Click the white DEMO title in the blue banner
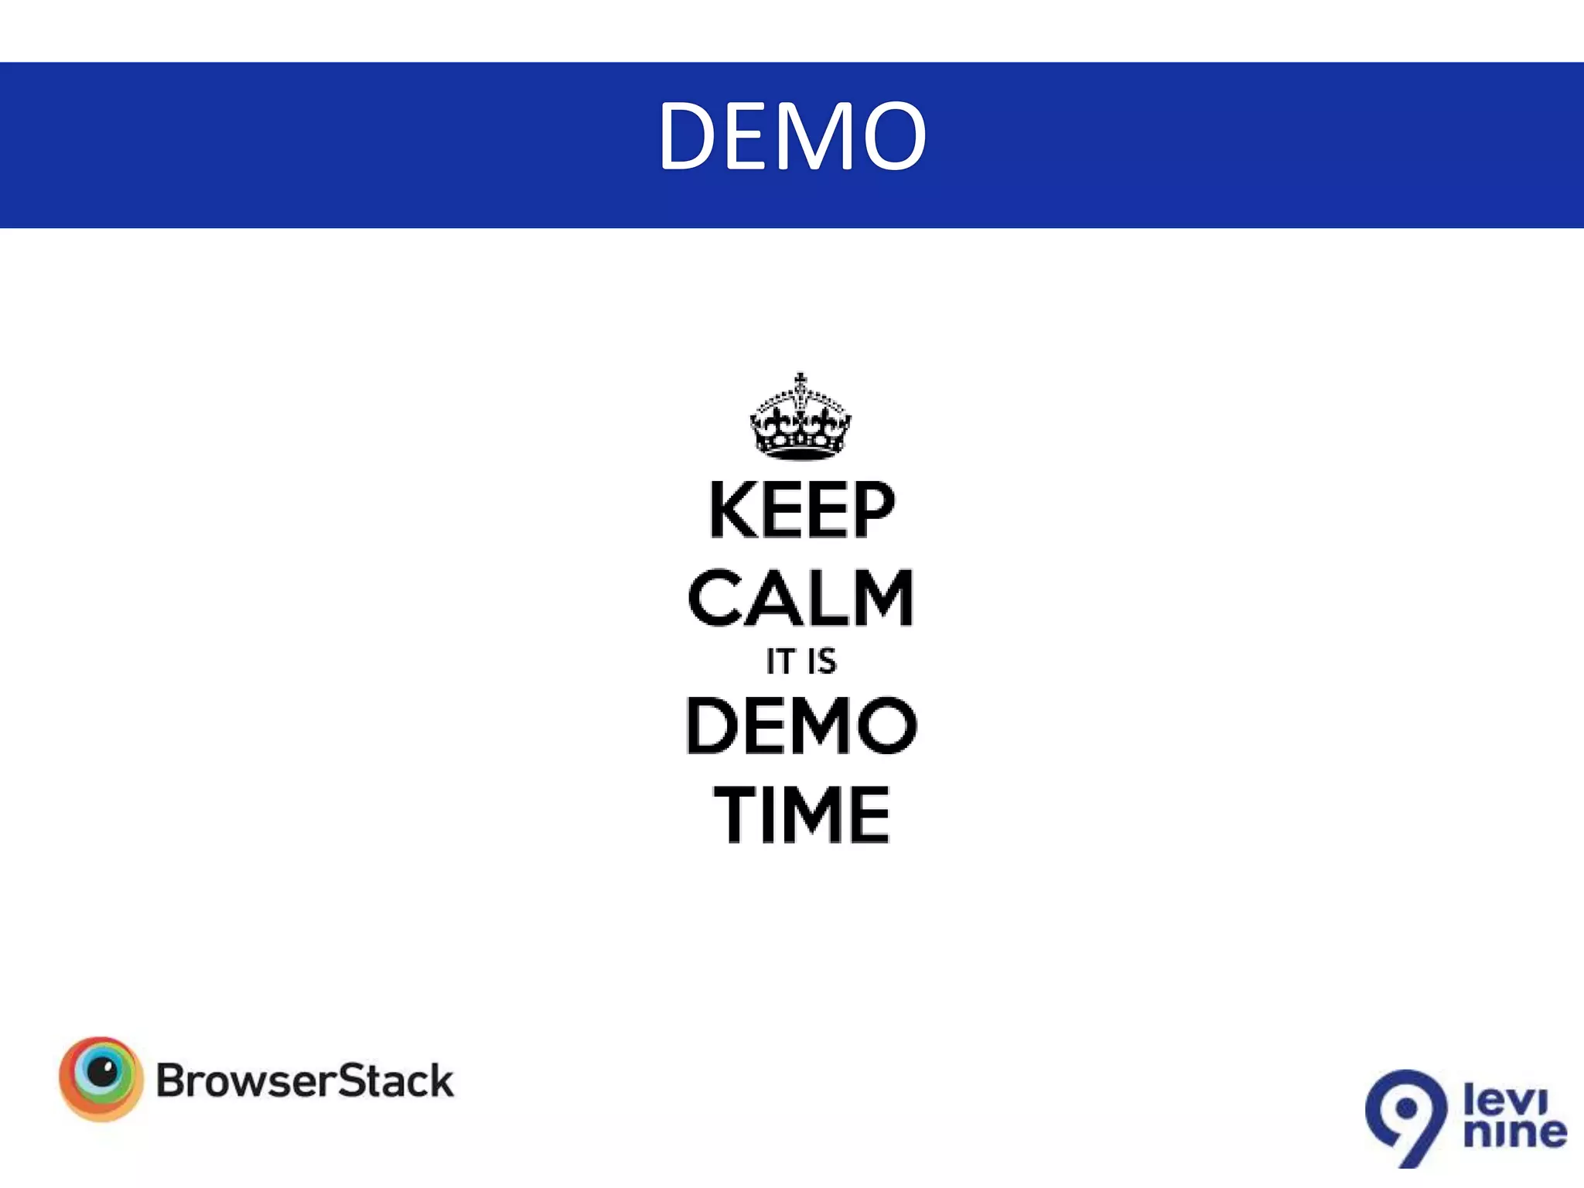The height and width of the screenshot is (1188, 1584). point(792,137)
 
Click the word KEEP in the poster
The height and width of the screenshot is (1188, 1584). point(802,510)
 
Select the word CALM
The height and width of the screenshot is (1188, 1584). point(801,598)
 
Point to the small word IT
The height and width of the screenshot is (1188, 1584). point(780,662)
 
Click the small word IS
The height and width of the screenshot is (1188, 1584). point(821,662)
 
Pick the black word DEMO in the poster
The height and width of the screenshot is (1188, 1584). point(801,725)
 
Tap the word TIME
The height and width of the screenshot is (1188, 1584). point(802,814)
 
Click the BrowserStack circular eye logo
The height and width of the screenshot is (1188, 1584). point(101,1079)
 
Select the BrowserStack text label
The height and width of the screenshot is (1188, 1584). point(305,1081)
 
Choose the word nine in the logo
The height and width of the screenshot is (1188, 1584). point(1515,1132)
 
